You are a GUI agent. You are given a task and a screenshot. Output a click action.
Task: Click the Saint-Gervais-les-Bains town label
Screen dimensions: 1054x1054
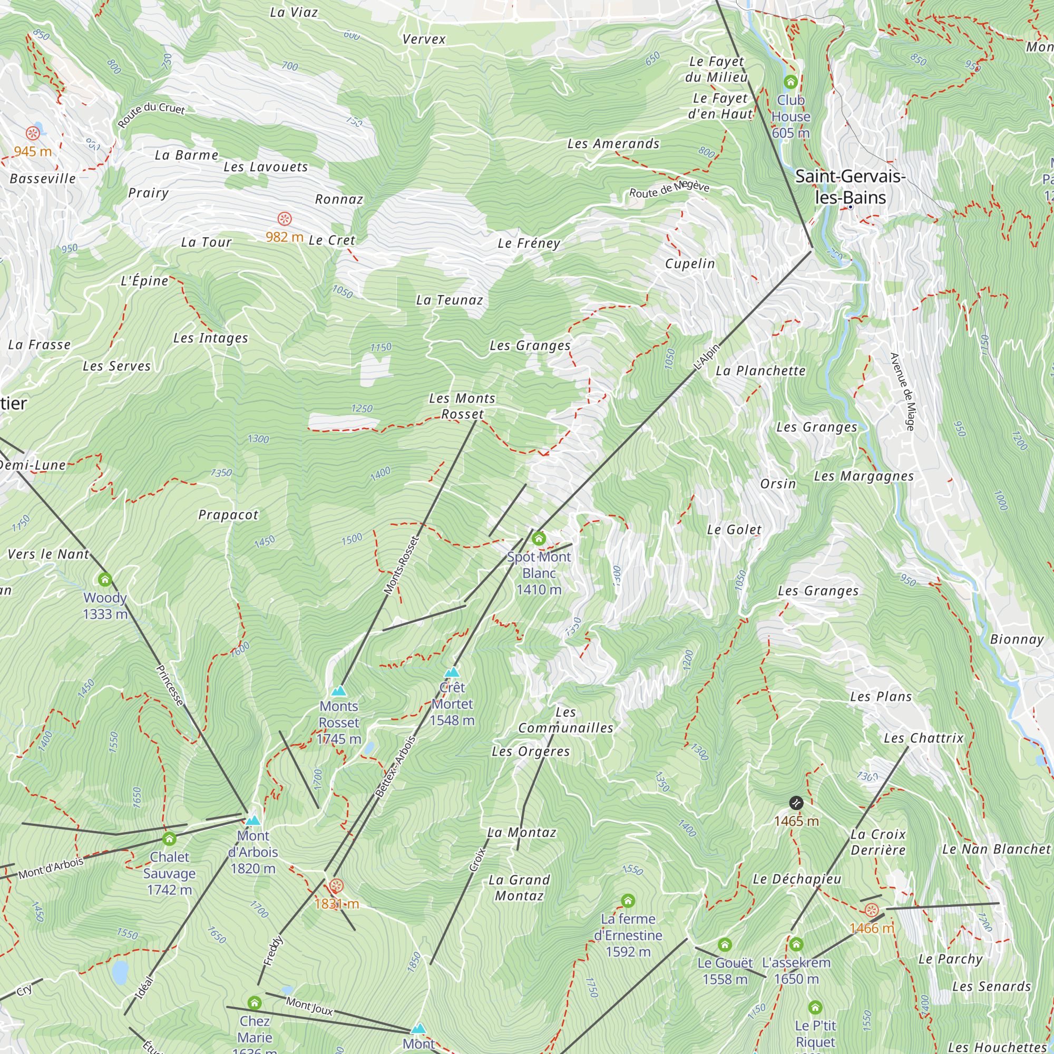click(x=850, y=187)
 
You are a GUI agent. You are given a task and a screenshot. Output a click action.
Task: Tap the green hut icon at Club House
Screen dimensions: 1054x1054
click(x=790, y=82)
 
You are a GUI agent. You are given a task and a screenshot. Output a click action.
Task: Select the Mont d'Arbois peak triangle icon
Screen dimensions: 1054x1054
click(x=252, y=821)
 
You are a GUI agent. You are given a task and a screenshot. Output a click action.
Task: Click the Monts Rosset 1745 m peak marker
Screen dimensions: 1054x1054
click(x=339, y=691)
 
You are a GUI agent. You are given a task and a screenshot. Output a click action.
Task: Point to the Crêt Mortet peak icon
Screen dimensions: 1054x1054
click(x=452, y=672)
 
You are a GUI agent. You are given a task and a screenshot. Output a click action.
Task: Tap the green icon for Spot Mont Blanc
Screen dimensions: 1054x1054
click(x=539, y=539)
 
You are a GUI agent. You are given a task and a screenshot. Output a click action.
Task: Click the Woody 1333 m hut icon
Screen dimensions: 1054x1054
click(x=105, y=579)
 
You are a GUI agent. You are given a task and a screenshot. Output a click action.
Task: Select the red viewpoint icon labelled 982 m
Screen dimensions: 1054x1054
click(x=284, y=219)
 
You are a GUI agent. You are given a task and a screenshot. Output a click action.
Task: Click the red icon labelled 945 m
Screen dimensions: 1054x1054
click(x=33, y=133)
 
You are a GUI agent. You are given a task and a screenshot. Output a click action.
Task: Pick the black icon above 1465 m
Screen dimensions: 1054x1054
click(x=796, y=803)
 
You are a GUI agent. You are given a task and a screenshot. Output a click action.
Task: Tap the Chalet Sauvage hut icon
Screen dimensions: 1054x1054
click(x=169, y=838)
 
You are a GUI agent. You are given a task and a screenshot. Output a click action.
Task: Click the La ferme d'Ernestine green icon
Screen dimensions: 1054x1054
click(x=628, y=900)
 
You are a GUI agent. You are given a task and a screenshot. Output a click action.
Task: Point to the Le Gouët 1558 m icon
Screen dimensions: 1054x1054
click(x=725, y=944)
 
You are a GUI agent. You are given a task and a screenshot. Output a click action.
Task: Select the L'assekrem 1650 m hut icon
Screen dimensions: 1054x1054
click(x=796, y=944)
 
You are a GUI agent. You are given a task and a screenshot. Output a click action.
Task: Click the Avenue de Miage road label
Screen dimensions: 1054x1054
click(x=902, y=392)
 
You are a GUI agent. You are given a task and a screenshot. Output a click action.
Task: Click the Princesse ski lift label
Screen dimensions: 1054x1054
click(x=170, y=685)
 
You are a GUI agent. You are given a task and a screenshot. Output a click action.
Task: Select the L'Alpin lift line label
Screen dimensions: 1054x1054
click(x=707, y=357)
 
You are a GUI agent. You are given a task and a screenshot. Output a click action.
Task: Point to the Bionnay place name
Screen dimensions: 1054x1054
click(x=1017, y=639)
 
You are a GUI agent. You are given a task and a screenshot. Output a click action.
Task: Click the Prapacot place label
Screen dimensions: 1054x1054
click(x=228, y=515)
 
